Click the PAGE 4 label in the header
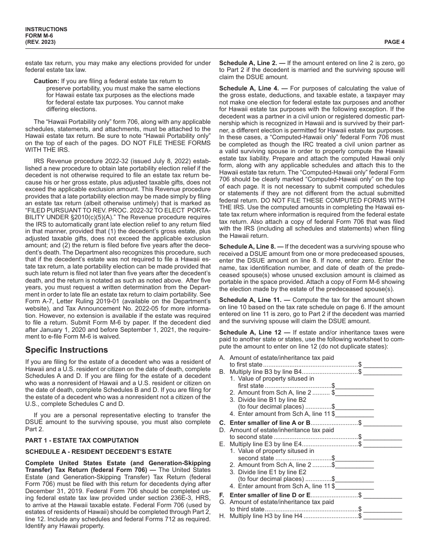394,42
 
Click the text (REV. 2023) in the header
41,42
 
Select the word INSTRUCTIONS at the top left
46,29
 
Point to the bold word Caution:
46,81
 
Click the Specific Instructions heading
67,350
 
